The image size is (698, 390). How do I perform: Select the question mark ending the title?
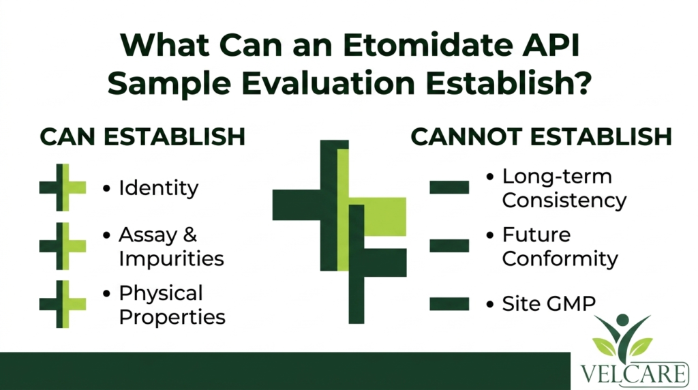581,82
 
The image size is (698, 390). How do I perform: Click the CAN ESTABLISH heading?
142,136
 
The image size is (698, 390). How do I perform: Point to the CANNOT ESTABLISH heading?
541,136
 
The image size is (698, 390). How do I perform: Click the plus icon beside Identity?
62,187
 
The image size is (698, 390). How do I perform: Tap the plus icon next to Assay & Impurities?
62,245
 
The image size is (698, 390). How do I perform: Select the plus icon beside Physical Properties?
62,304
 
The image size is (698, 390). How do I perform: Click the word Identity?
158,188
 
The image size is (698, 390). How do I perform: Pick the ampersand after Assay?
189,235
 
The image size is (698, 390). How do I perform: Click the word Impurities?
171,258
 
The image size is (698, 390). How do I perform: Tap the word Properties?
172,317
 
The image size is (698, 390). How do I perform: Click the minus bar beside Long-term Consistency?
449,187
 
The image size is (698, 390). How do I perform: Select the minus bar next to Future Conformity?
449,245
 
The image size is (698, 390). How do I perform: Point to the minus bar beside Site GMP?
449,304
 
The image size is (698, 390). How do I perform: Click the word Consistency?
564,200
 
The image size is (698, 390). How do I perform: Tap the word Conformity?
560,258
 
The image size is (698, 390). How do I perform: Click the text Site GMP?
549,304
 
